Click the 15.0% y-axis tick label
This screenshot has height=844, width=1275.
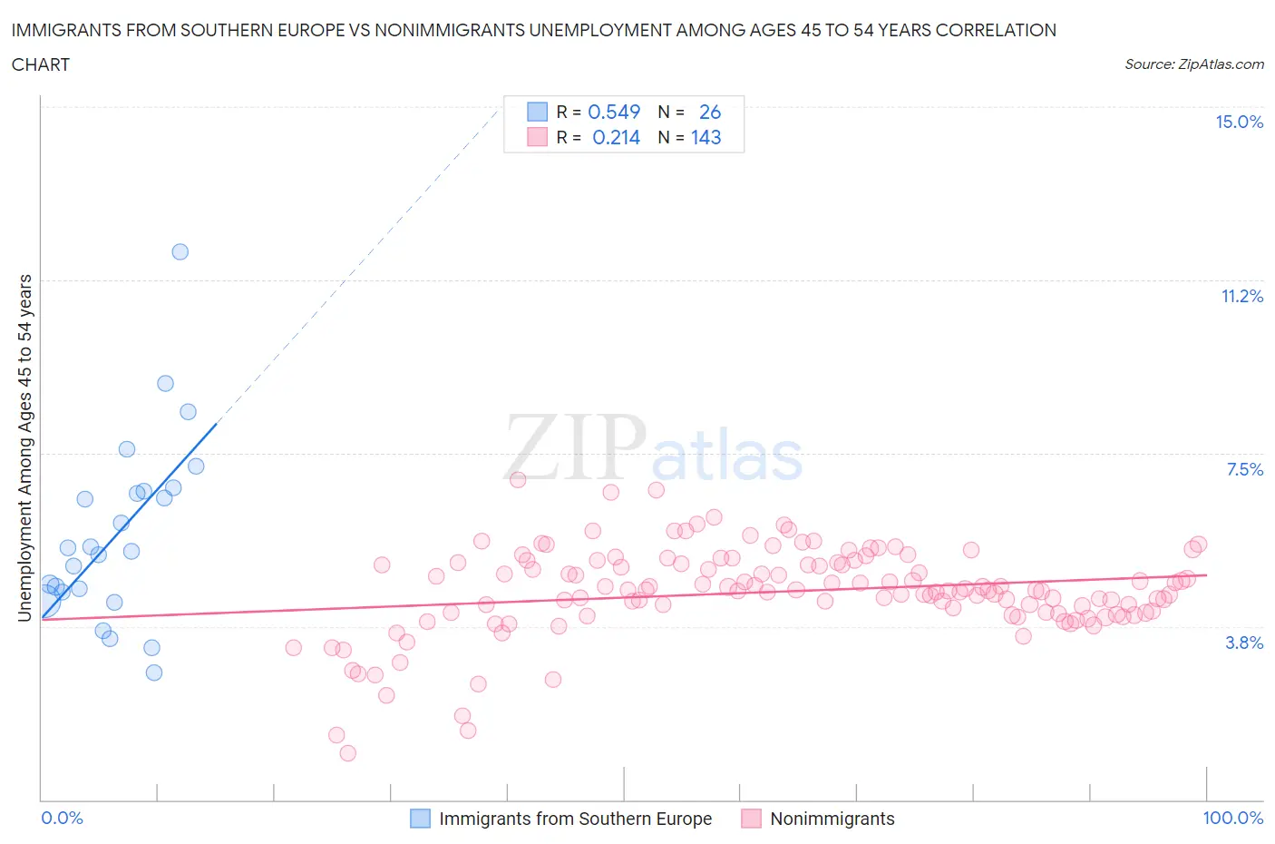[x=1239, y=123]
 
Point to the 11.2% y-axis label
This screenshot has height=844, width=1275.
[x=1241, y=297]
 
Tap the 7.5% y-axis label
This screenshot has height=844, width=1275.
[x=1244, y=470]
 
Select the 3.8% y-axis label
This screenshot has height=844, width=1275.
[x=1244, y=643]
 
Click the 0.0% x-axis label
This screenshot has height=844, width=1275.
[x=62, y=819]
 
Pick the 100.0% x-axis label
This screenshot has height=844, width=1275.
[x=1232, y=819]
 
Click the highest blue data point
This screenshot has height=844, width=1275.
[x=180, y=252]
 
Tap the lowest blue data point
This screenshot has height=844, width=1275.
[x=154, y=672]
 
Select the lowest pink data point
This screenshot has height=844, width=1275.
[x=347, y=753]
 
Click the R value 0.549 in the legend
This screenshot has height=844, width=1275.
[x=614, y=112]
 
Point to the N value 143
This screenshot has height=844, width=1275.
[x=706, y=138]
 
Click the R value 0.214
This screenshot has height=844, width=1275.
[x=616, y=138]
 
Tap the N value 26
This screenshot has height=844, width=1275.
[x=709, y=112]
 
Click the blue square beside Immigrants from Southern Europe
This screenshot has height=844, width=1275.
[x=420, y=819]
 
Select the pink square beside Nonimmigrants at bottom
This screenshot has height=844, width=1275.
[x=751, y=819]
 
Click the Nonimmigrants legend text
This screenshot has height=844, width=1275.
[x=832, y=819]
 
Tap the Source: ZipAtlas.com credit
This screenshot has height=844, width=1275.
[x=1193, y=64]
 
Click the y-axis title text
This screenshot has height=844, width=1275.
[x=24, y=447]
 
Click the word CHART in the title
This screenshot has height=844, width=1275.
[x=41, y=64]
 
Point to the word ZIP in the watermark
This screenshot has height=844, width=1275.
[x=574, y=447]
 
